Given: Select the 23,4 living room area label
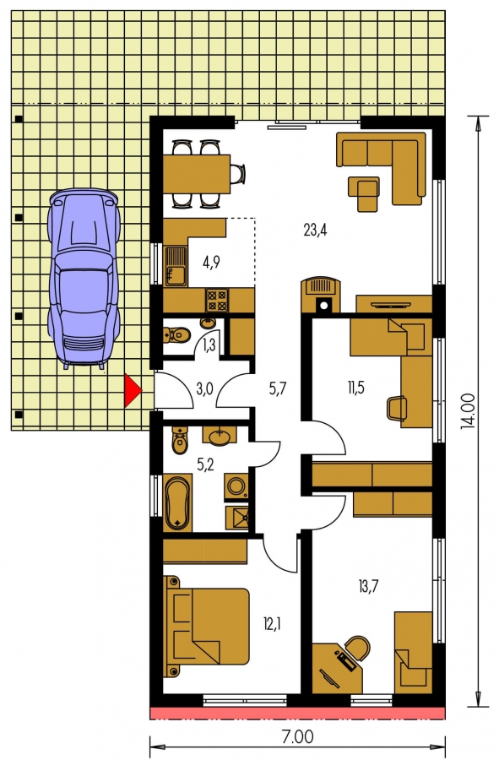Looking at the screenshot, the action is pos(316,230).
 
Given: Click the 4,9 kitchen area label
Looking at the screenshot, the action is pos(211,263).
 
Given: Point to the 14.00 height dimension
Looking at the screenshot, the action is pos(468,411).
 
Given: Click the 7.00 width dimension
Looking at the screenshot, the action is pos(298,737).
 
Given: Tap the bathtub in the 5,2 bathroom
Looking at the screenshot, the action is pos(178,504).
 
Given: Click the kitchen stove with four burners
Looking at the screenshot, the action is pos(216,300).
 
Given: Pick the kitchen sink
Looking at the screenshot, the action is pos(176,266).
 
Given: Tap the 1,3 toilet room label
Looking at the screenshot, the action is pos(209,346).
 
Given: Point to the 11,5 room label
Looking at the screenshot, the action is pos(355,388).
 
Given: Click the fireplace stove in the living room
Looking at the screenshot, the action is pos(321,295).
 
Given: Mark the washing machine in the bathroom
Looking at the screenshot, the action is pos(237,486).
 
